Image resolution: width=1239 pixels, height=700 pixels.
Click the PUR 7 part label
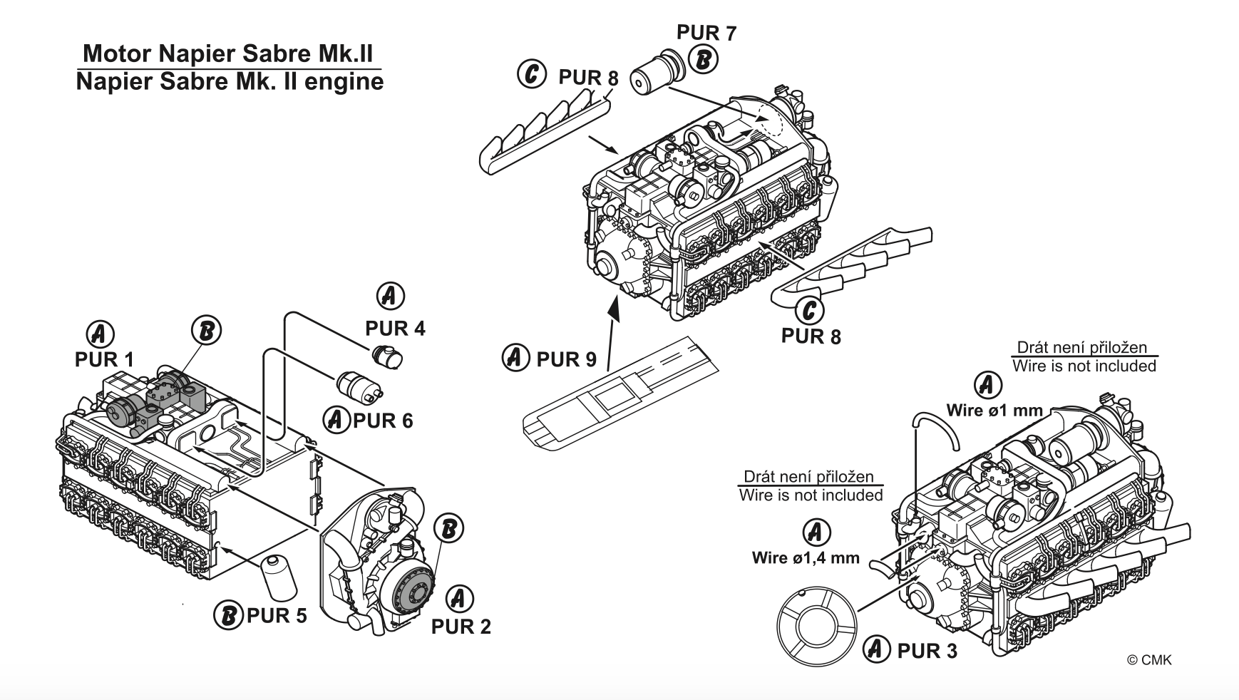point(706,34)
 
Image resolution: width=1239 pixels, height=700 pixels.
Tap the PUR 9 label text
point(566,359)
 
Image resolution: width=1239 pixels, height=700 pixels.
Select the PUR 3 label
point(927,650)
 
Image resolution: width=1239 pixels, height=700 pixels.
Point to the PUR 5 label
point(277,614)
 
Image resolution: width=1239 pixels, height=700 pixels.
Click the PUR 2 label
point(461,627)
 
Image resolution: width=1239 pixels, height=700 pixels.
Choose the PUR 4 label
point(395,329)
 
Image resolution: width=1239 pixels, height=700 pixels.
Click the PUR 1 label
point(104,359)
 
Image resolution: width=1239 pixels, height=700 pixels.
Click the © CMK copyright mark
point(1148,660)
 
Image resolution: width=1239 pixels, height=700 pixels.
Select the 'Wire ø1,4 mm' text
point(806,558)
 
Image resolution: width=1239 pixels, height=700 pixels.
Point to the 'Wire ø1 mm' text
point(994,411)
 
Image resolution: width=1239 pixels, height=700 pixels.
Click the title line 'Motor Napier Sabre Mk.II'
point(227,53)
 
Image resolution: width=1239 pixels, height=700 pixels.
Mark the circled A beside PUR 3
point(877,649)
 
